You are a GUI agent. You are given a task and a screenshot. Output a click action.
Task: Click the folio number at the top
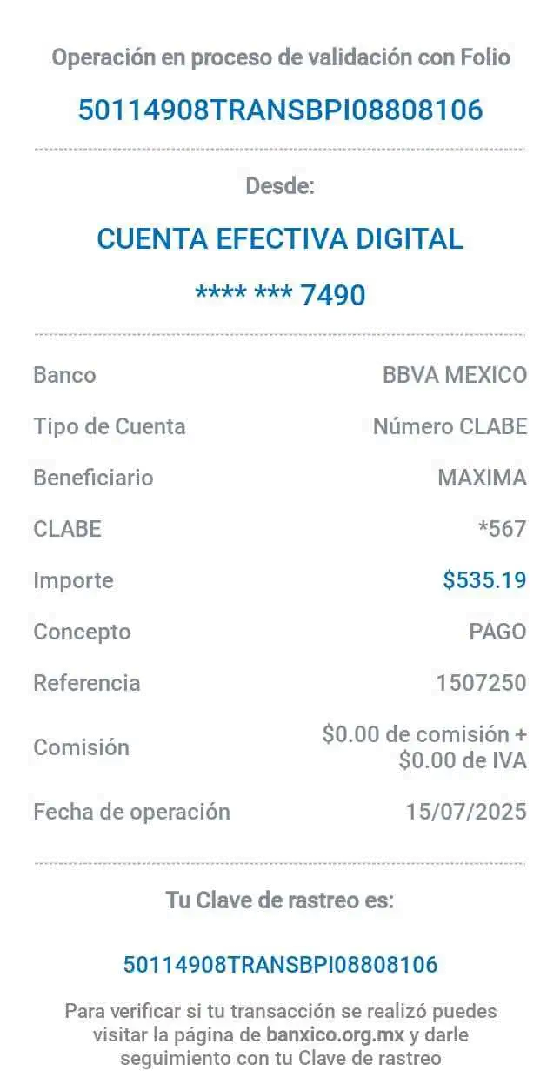pyautogui.click(x=280, y=110)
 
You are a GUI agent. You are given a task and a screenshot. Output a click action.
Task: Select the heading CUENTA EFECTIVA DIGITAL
pyautogui.click(x=280, y=238)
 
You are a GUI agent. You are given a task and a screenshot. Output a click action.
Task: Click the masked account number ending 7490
pyautogui.click(x=280, y=295)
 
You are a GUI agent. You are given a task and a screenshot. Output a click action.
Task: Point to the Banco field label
pyautogui.click(x=64, y=376)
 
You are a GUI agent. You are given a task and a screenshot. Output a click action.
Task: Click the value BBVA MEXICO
pyautogui.click(x=454, y=376)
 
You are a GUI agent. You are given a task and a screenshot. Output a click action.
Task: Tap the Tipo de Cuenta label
pyautogui.click(x=110, y=426)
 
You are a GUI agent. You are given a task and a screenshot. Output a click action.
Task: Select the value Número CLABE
pyautogui.click(x=449, y=426)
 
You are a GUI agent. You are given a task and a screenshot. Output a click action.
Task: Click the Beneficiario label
pyautogui.click(x=93, y=478)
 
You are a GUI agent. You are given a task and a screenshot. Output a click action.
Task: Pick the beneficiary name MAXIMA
pyautogui.click(x=482, y=478)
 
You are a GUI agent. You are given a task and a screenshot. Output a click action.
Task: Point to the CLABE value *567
pyautogui.click(x=502, y=528)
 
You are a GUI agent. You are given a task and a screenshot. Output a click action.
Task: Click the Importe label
pyautogui.click(x=74, y=580)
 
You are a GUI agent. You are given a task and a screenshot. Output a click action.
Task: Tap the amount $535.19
pyautogui.click(x=484, y=580)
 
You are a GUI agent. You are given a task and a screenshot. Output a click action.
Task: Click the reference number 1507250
pyautogui.click(x=481, y=683)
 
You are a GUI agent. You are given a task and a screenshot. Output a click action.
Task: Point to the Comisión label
pyautogui.click(x=82, y=747)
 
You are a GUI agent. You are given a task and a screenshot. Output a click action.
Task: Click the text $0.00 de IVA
pyautogui.click(x=463, y=761)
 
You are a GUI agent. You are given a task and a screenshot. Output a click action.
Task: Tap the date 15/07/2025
pyautogui.click(x=466, y=812)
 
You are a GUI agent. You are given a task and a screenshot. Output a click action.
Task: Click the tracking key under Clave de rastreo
pyautogui.click(x=280, y=964)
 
